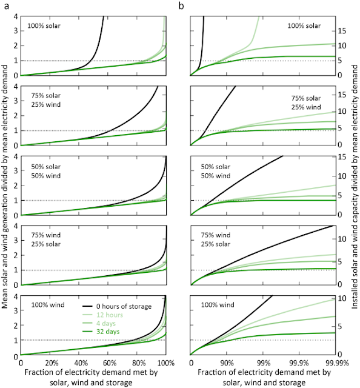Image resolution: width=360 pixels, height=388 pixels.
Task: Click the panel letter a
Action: click(x=6, y=6)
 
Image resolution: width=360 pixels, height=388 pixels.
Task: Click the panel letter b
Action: click(x=181, y=5)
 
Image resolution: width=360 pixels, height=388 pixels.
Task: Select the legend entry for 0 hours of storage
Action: click(x=117, y=306)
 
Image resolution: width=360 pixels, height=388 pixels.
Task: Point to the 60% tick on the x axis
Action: click(x=110, y=363)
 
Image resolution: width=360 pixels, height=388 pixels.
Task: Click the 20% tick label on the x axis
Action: click(x=52, y=363)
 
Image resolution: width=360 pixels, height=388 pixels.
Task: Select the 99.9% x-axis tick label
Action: click(x=299, y=363)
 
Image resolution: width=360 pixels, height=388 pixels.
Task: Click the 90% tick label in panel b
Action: click(x=227, y=363)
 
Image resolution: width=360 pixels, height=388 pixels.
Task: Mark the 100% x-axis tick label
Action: click(x=166, y=363)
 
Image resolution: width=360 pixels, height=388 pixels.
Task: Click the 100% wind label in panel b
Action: click(x=218, y=304)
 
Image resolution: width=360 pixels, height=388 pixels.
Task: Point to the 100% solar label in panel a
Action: click(x=44, y=25)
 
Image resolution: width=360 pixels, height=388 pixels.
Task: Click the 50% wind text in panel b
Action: click(x=216, y=176)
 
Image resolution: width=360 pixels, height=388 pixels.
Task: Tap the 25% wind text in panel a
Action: click(x=46, y=104)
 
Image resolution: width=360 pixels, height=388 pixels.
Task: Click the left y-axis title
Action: click(x=5, y=187)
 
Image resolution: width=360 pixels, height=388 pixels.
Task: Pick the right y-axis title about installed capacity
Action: click(x=355, y=187)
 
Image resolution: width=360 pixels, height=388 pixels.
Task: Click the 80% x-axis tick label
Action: click(x=139, y=363)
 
